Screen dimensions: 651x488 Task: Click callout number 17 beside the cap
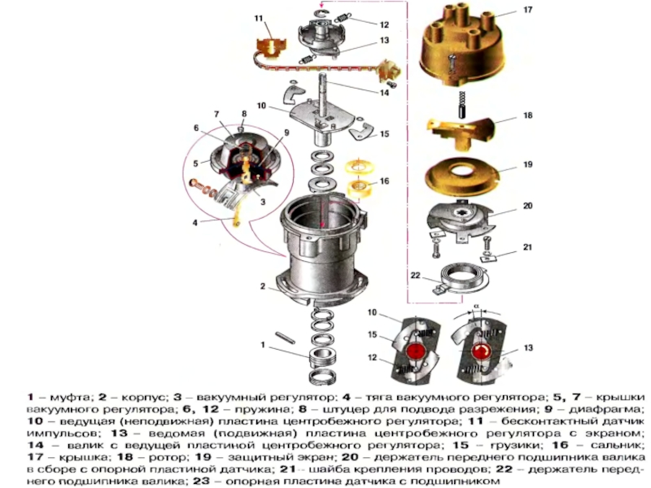point(527,11)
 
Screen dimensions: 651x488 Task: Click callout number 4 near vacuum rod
point(194,222)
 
